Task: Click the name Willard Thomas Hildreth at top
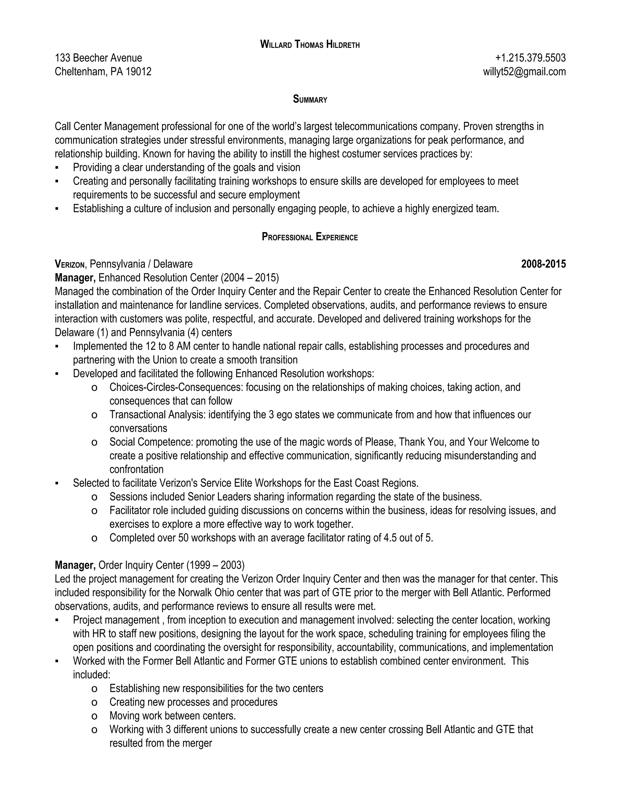click(x=310, y=45)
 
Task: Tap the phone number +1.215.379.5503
click(x=530, y=58)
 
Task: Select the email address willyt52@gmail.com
click(x=524, y=72)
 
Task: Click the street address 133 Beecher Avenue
click(x=98, y=58)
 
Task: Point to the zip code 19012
click(x=138, y=72)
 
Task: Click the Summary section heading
click(x=310, y=99)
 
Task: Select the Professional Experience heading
click(x=310, y=237)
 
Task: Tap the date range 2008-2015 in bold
click(x=543, y=264)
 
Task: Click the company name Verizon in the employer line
click(x=70, y=264)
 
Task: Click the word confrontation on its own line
click(x=136, y=469)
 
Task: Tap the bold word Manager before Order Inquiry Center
click(x=75, y=565)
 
